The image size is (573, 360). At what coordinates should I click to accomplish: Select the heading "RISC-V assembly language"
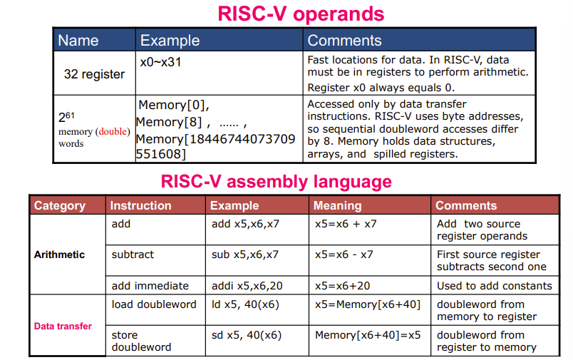tap(277, 181)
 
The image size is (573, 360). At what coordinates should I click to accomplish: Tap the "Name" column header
tap(78, 41)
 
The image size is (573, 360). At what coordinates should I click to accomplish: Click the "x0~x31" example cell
tap(161, 62)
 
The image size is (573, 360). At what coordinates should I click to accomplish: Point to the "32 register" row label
tap(94, 74)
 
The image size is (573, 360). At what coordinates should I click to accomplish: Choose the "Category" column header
tap(60, 205)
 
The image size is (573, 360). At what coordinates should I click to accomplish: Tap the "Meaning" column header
tap(338, 205)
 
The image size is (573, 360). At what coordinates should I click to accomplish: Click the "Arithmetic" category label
tap(59, 254)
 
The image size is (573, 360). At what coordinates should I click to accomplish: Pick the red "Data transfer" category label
tap(63, 326)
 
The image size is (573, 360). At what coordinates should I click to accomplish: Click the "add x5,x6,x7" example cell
tap(245, 224)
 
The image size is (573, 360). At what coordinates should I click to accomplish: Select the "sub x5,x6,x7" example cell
tap(245, 254)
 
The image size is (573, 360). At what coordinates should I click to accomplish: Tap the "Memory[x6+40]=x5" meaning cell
tap(368, 335)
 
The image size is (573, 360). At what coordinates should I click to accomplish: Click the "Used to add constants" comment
tap(494, 286)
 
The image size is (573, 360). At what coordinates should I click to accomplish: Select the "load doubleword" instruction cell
tap(154, 304)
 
